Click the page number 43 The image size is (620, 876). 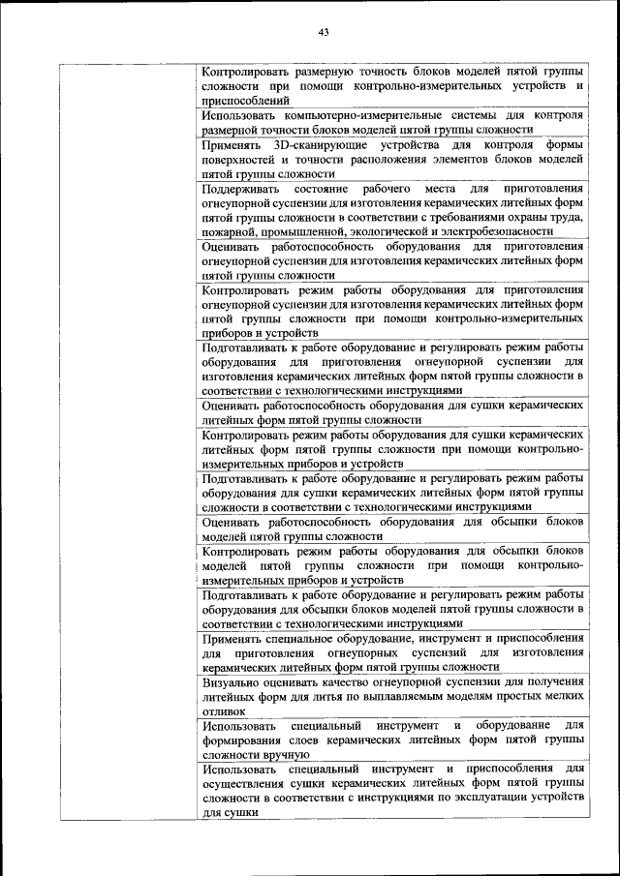pyautogui.click(x=324, y=32)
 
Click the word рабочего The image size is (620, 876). pyautogui.click(x=387, y=188)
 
